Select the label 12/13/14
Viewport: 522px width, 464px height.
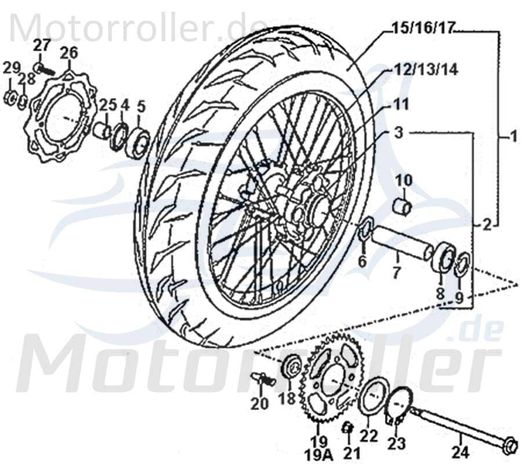click(x=427, y=70)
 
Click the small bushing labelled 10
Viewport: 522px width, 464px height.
click(x=403, y=205)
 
